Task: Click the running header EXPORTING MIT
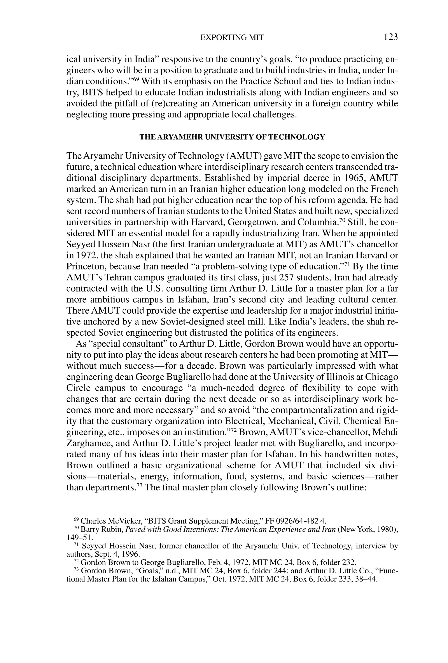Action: tap(232, 38)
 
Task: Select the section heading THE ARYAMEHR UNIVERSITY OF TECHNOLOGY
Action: tap(232, 137)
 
